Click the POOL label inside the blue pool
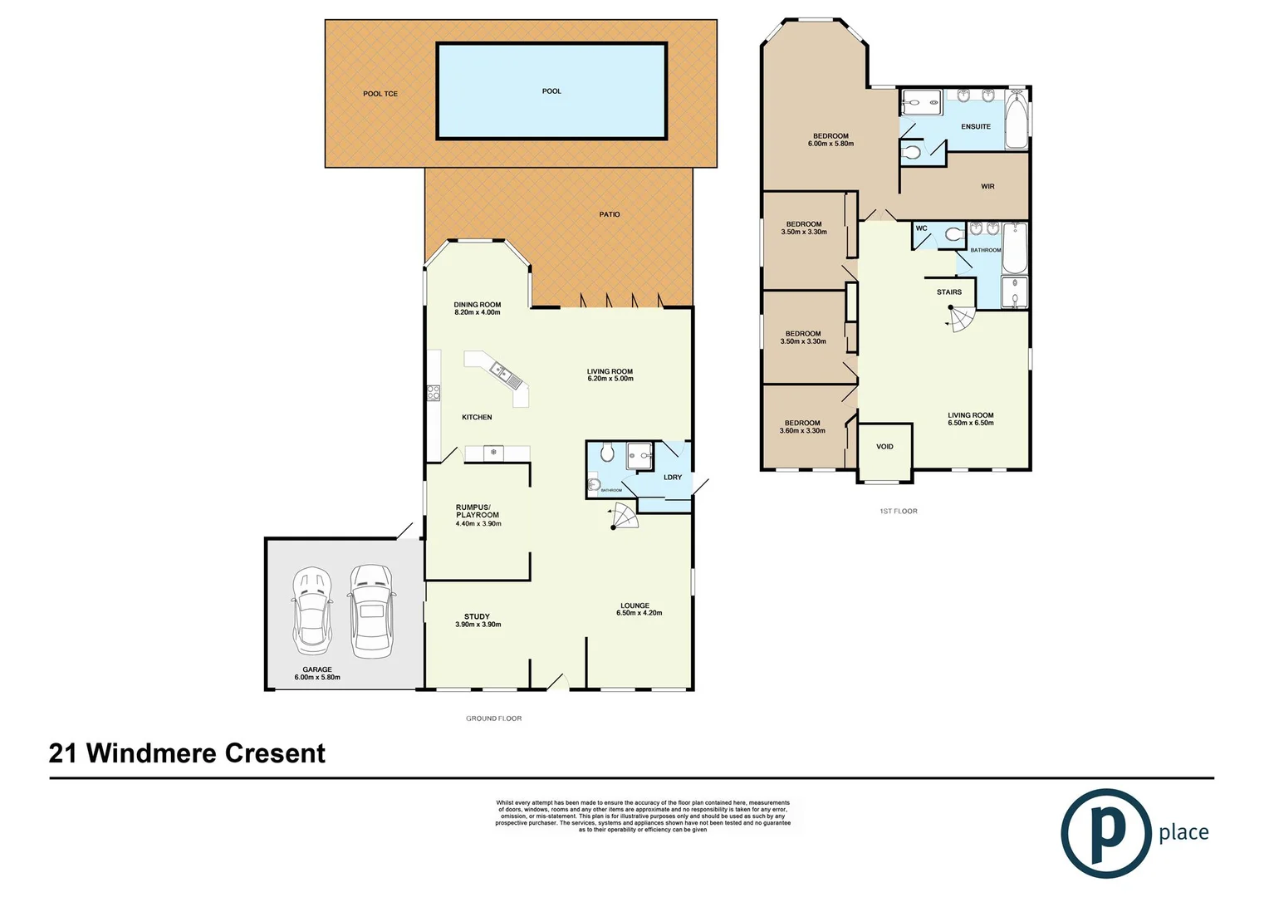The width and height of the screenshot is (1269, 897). pyautogui.click(x=551, y=91)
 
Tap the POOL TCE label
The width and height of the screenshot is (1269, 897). pyautogui.click(x=380, y=94)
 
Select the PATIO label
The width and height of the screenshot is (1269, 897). pyautogui.click(x=610, y=214)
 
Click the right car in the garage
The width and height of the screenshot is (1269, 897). pyautogui.click(x=370, y=610)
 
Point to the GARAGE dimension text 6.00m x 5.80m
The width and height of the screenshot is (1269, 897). pyautogui.click(x=317, y=678)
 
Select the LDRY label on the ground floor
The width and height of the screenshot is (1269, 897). pyautogui.click(x=673, y=478)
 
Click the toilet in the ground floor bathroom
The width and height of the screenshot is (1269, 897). pyautogui.click(x=606, y=453)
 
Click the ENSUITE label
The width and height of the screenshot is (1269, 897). pyautogui.click(x=976, y=127)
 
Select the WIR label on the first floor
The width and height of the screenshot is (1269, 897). pyautogui.click(x=987, y=187)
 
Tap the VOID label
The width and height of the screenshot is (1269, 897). pyautogui.click(x=884, y=447)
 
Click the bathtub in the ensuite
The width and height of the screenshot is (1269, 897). pyautogui.click(x=1017, y=121)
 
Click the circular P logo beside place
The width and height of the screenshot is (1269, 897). pyautogui.click(x=1106, y=833)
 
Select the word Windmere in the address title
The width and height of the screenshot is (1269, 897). pyautogui.click(x=152, y=753)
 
